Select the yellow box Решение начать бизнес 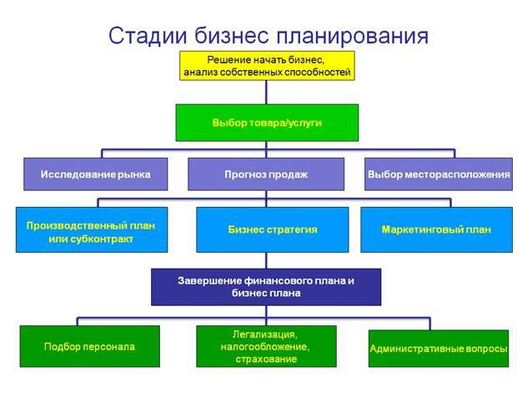pyautogui.click(x=267, y=66)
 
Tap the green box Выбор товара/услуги pyautogui.click(x=267, y=123)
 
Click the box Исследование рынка pyautogui.click(x=95, y=174)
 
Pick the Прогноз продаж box pyautogui.click(x=266, y=174)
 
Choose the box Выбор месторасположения pyautogui.click(x=438, y=174)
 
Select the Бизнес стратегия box pyautogui.click(x=273, y=229)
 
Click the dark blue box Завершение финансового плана pyautogui.click(x=266, y=287)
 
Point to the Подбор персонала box pyautogui.click(x=89, y=346)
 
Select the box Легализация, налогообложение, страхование pyautogui.click(x=266, y=346)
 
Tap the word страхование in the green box pyautogui.click(x=265, y=359)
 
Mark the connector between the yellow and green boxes pyautogui.click(x=267, y=92)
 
